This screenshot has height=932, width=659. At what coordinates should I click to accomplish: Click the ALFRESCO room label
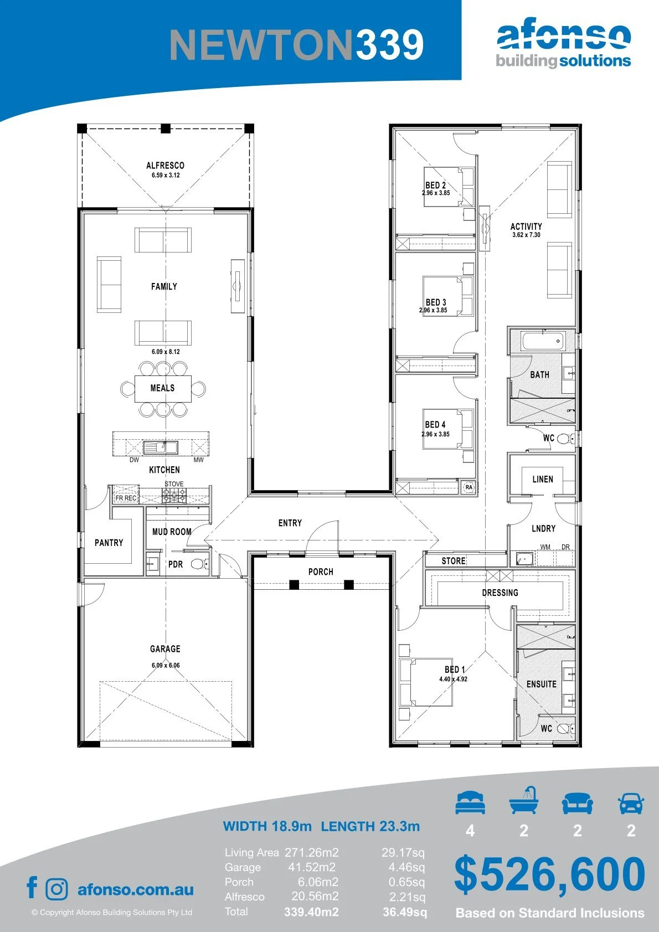click(x=165, y=165)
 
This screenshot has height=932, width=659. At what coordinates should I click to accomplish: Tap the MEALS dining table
click(x=163, y=388)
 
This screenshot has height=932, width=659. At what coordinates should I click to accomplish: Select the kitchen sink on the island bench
click(x=161, y=447)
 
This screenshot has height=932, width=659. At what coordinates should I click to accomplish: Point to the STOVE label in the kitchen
click(x=174, y=484)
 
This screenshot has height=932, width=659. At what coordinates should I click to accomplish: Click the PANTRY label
click(x=109, y=543)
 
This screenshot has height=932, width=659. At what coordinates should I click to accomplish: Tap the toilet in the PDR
click(x=199, y=564)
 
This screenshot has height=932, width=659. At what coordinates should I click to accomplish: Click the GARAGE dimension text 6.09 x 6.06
click(x=166, y=665)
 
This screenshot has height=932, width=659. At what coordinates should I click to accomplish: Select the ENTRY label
click(x=290, y=523)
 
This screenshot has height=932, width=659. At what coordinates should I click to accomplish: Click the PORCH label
click(x=321, y=571)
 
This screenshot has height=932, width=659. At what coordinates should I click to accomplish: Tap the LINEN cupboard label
click(x=543, y=480)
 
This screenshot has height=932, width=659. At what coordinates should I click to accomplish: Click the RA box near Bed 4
click(x=469, y=487)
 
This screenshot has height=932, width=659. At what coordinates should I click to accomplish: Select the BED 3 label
click(x=436, y=302)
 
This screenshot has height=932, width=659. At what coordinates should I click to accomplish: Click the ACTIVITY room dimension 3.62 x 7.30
click(x=526, y=235)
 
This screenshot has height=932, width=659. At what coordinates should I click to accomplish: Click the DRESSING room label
click(x=500, y=593)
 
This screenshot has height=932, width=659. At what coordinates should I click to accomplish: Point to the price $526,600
click(x=549, y=874)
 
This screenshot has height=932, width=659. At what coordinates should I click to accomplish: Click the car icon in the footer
click(x=631, y=803)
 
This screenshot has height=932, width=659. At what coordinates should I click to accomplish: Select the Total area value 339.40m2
click(x=311, y=912)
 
